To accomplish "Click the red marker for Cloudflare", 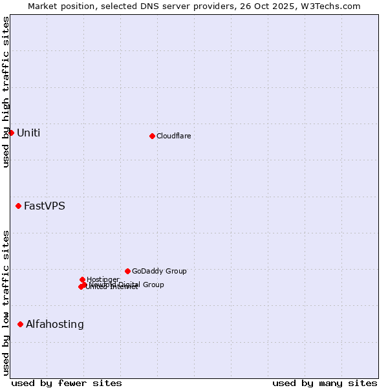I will pos(152,136).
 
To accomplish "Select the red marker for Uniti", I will pos(11,133).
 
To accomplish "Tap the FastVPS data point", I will pos(18,206).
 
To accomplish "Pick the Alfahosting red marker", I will pos(20,324).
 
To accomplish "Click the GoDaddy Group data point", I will pos(127,271).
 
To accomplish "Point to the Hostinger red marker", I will pos(82,279).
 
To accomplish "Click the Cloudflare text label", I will pos(173,136).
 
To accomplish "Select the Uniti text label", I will pos(28,133).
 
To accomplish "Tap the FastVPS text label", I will pos(44,206).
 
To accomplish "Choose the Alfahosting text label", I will pos(54,325).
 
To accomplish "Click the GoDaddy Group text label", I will pos(159,272).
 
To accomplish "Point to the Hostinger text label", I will pos(103,279).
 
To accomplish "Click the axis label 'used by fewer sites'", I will pos(67,383).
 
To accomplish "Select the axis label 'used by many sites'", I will pos(325,383).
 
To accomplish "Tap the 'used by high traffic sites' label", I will pos(6,92).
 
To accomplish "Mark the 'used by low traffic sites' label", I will pos(6,303).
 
